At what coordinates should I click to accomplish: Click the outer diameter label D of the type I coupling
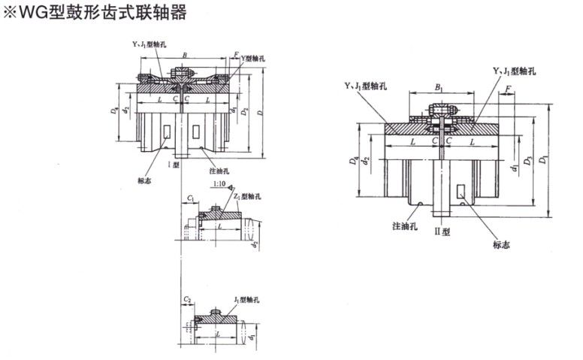point(259,114)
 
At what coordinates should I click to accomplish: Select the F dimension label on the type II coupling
point(509,90)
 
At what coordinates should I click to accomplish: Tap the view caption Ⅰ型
point(172,163)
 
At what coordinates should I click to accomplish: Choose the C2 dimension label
point(187,298)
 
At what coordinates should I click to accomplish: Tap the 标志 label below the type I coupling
point(146,180)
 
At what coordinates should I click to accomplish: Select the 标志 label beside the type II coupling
point(501,244)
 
